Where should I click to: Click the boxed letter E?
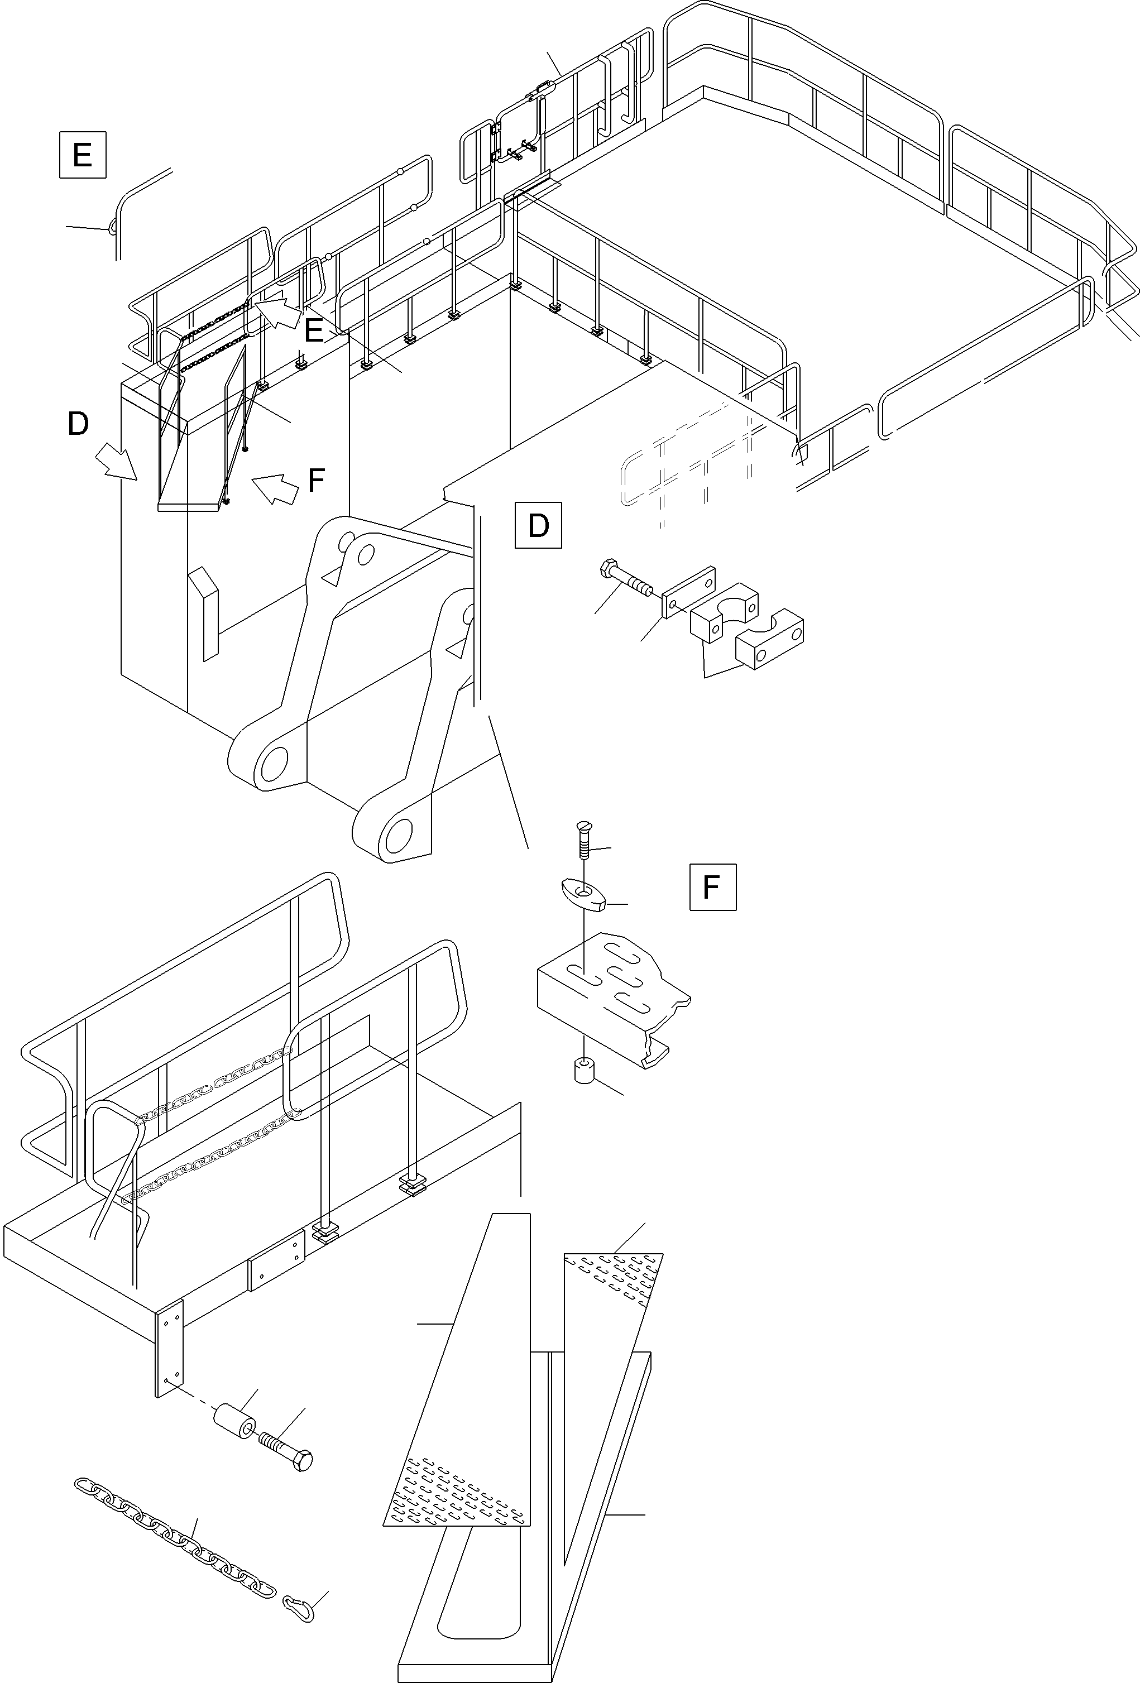tap(83, 154)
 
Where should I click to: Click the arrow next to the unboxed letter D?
tap(117, 461)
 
